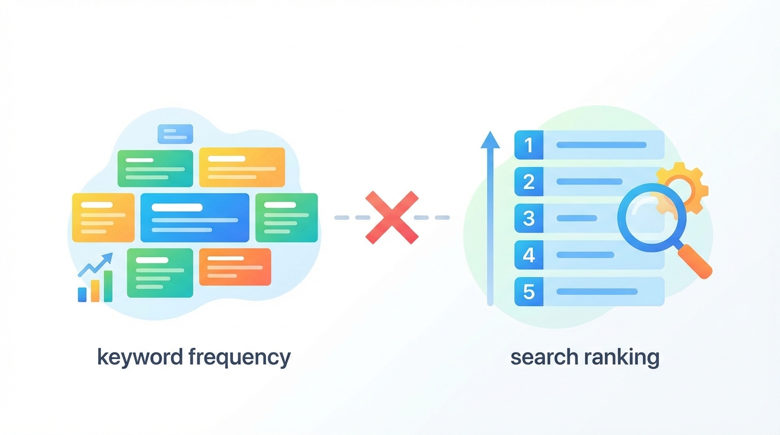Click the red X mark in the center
point(392,217)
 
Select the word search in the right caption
point(539,357)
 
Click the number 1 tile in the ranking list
point(529,145)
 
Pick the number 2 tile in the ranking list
point(529,182)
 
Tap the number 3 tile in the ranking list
point(529,218)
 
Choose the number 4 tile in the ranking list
point(529,255)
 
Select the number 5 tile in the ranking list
point(529,292)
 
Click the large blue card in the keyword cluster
point(194,217)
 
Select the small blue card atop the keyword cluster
point(175,134)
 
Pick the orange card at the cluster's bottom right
point(235,267)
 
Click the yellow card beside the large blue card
point(103,217)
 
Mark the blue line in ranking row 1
point(601,145)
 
